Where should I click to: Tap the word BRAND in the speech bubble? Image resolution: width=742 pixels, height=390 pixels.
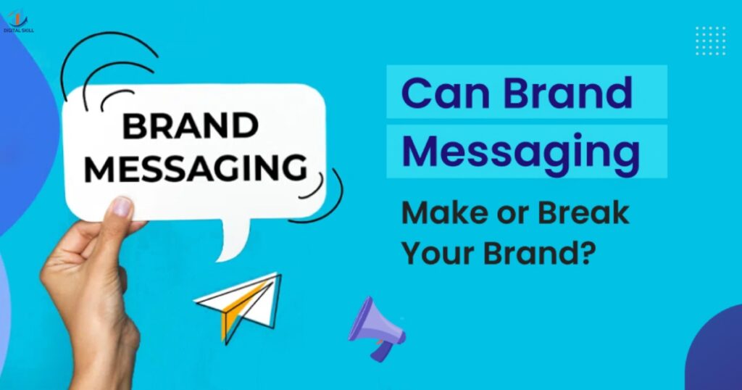tap(190, 127)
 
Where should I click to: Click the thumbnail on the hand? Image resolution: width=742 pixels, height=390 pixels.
tap(121, 208)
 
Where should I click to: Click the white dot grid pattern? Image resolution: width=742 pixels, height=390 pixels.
tap(710, 41)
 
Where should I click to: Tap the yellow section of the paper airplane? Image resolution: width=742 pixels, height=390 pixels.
tap(230, 319)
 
